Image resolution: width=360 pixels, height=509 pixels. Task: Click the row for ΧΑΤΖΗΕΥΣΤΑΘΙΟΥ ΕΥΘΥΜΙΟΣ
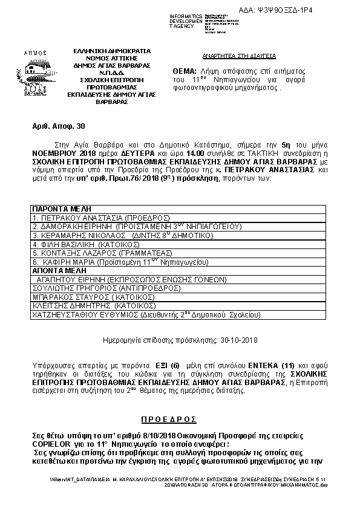(x=146, y=315)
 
